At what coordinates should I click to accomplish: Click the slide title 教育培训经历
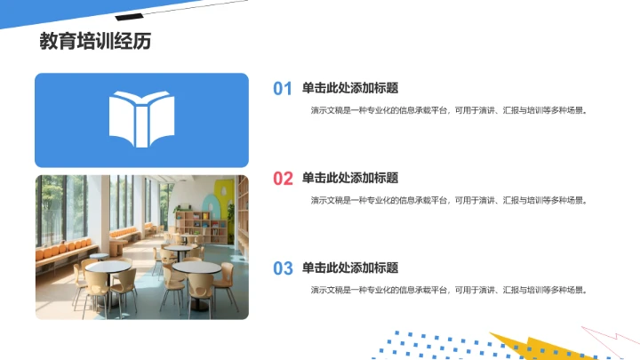[x=88, y=42]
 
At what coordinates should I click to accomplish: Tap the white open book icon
[x=140, y=119]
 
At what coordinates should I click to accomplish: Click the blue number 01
[x=282, y=89]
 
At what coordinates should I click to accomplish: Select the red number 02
[x=282, y=179]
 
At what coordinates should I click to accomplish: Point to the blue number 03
[x=282, y=268]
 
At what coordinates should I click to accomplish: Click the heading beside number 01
[x=349, y=88]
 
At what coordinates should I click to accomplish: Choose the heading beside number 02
[x=349, y=178]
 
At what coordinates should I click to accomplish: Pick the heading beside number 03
[x=349, y=268]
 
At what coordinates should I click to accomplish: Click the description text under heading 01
[x=449, y=111]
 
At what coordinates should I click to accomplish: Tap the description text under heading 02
[x=449, y=201]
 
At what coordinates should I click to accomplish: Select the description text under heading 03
[x=449, y=291]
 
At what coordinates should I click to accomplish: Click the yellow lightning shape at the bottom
[x=524, y=347]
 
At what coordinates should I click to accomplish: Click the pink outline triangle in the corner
[x=613, y=342]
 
